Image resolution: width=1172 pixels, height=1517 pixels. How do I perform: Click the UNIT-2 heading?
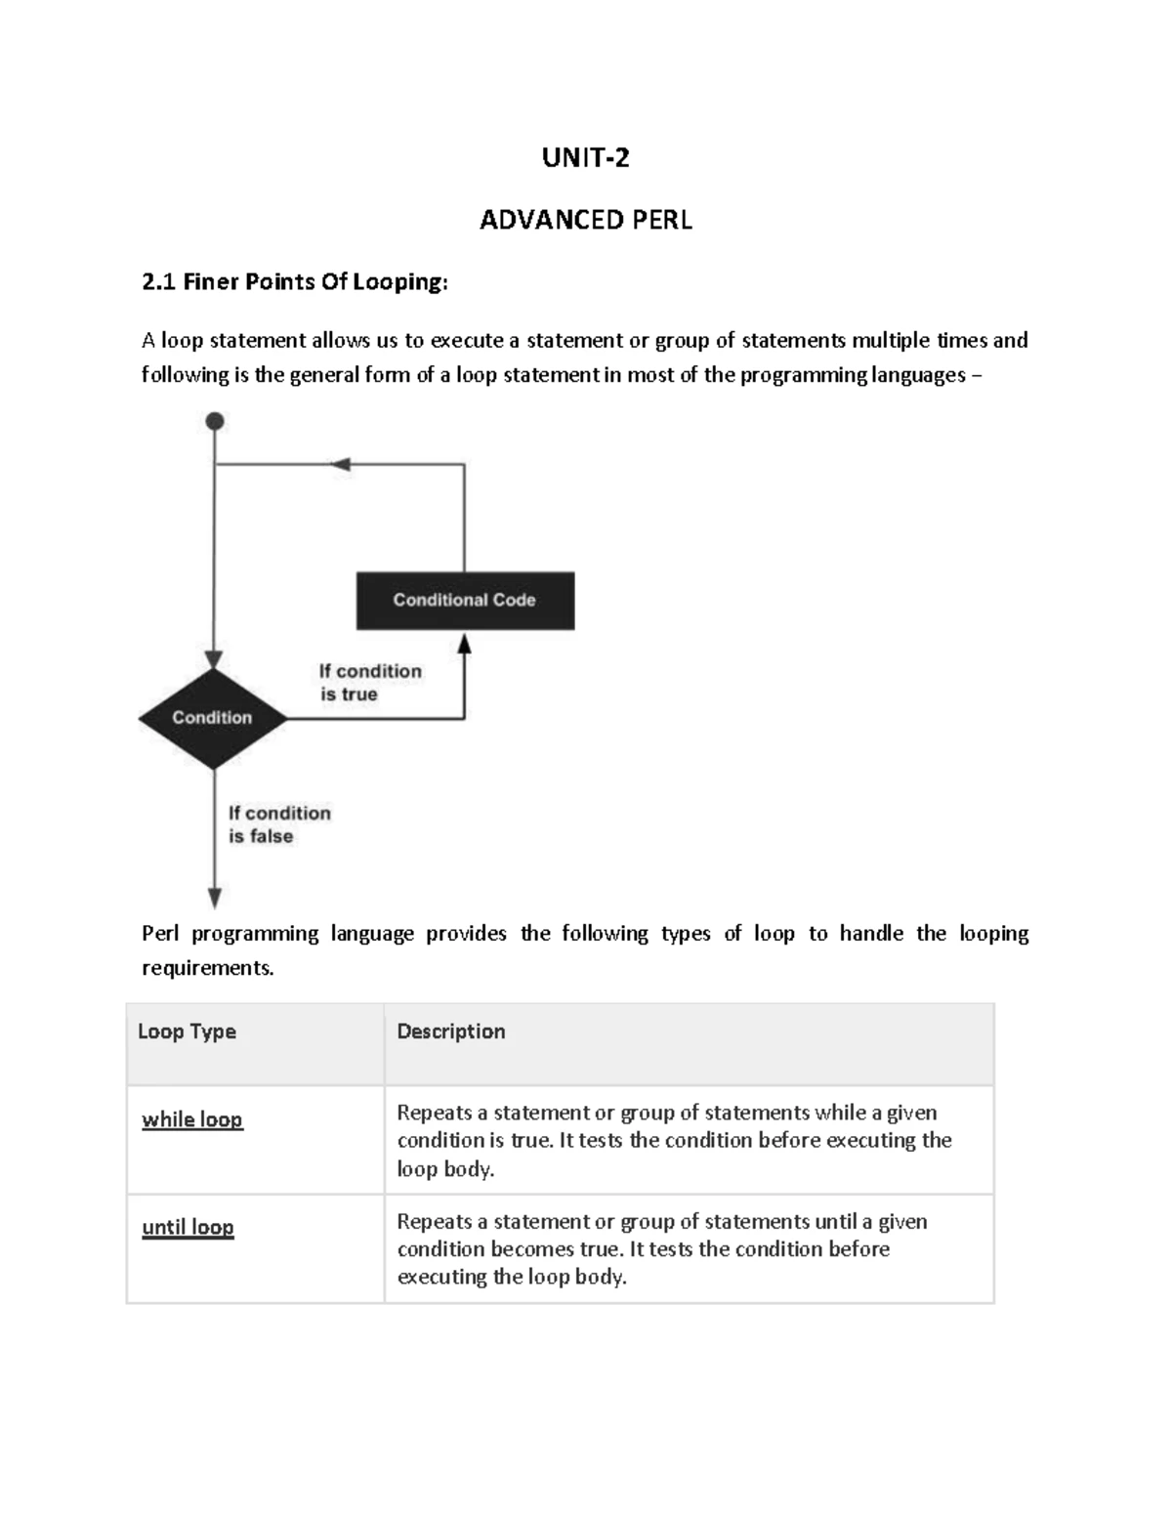[585, 157]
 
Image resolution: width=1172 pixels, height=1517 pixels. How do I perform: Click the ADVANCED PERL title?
[585, 220]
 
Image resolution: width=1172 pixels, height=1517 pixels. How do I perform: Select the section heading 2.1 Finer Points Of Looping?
[295, 282]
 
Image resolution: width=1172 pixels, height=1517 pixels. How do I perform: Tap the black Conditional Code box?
[465, 600]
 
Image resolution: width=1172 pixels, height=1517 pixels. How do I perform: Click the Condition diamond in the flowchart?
[213, 718]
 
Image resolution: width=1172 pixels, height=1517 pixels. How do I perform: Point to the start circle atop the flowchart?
[215, 421]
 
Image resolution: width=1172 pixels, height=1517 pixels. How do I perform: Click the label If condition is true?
[369, 682]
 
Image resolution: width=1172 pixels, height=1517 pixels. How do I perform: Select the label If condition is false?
[278, 823]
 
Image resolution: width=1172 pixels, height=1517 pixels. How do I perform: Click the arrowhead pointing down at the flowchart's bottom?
[215, 898]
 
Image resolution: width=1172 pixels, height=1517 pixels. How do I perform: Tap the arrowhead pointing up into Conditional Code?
[465, 644]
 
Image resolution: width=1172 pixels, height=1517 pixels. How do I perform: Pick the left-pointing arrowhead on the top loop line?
[340, 465]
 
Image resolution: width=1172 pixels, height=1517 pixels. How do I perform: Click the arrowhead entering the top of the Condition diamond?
[214, 660]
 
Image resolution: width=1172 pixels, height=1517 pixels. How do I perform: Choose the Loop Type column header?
[187, 1032]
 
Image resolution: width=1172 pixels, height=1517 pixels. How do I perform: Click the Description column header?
[450, 1032]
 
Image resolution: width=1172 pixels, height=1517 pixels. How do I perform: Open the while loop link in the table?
[191, 1119]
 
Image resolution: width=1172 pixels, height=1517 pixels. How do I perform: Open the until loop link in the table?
[188, 1227]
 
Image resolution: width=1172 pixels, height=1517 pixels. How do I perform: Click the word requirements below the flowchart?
[207, 968]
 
